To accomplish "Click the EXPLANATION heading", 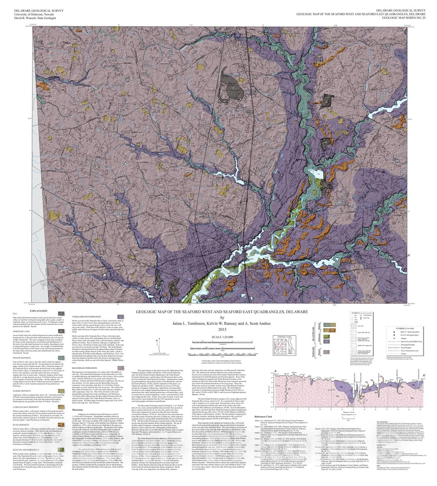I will pos(39,311).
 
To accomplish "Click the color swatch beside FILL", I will pos(61,313).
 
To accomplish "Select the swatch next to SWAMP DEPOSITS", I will pos(61,358).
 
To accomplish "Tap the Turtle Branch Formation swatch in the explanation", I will pos(120,317).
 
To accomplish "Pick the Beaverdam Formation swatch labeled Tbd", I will pos(120,368).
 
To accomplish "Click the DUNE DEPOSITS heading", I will pos(21,425).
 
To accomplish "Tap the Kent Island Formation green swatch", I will pos(61,450).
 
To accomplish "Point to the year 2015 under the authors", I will pos(222,329).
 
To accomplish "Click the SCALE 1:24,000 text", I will pos(222,337).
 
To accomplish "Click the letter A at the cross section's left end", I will pos(275,371).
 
